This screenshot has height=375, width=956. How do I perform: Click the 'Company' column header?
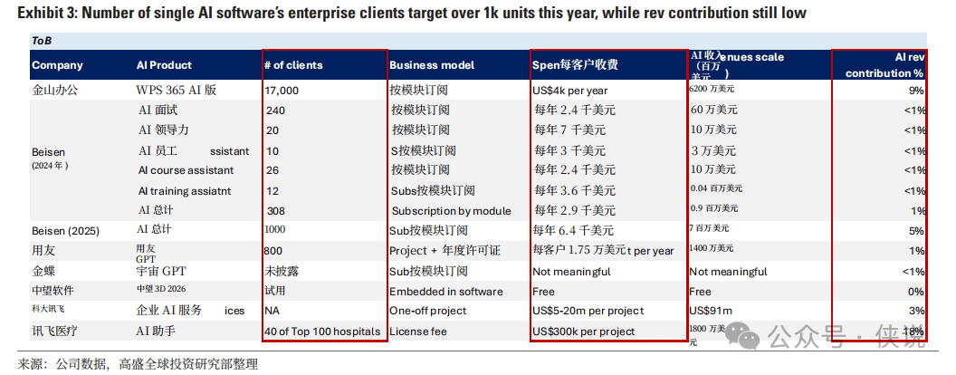[57, 65]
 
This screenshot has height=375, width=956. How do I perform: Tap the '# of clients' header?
[293, 65]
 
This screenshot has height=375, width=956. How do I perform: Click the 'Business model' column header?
[432, 65]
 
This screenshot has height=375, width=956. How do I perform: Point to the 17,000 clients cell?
[282, 91]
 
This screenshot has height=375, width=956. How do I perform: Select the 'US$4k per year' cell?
[570, 91]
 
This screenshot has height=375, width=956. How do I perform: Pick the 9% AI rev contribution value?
[916, 91]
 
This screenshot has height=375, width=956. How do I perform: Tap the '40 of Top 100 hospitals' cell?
[322, 332]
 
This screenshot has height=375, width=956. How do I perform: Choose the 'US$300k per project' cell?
[584, 332]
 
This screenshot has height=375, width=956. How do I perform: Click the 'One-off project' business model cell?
[428, 311]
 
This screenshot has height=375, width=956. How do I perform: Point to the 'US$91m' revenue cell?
[710, 311]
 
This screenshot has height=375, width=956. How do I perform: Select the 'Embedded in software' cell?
[446, 291]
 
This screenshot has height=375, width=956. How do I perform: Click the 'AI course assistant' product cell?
[186, 170]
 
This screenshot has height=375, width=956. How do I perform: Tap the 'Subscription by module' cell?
[451, 211]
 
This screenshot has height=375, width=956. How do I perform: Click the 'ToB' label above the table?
[42, 42]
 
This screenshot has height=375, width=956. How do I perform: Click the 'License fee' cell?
[418, 332]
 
